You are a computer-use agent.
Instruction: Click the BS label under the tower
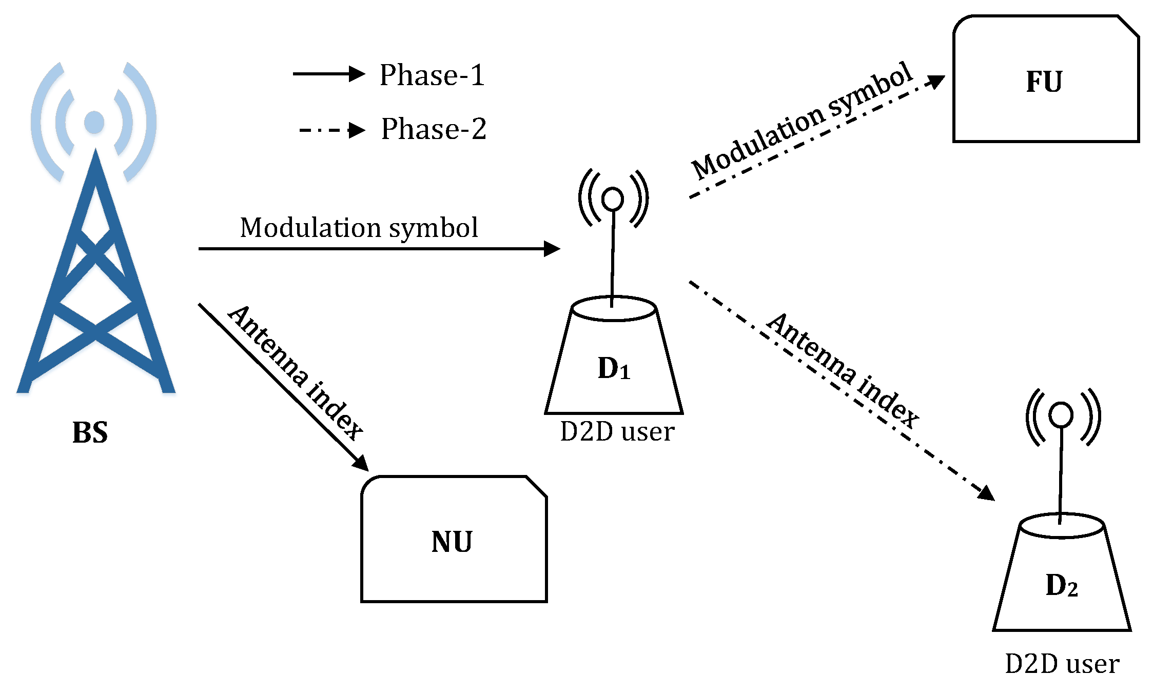click(x=90, y=432)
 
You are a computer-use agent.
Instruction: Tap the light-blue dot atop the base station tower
click(x=94, y=122)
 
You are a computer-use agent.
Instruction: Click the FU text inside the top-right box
click(x=1044, y=82)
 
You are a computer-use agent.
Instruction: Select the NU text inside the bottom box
click(x=452, y=542)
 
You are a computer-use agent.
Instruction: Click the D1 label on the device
click(x=613, y=368)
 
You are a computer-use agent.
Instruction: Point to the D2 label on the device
click(x=1061, y=585)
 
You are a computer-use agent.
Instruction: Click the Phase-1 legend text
click(x=432, y=75)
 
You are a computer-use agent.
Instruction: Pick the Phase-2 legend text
click(x=433, y=129)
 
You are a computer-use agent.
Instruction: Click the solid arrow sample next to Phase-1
click(x=328, y=74)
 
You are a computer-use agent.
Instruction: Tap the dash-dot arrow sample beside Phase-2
click(x=331, y=130)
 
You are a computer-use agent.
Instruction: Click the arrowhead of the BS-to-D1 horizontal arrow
click(x=552, y=249)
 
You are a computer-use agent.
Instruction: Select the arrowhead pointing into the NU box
click(x=361, y=462)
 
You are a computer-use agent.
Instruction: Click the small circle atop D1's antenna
click(x=613, y=199)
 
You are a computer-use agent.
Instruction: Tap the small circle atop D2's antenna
click(x=1061, y=414)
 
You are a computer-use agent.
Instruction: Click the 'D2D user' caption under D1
click(x=617, y=431)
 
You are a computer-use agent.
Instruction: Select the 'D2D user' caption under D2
click(x=1062, y=664)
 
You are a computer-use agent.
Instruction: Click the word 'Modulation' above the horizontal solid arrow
click(x=310, y=227)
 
